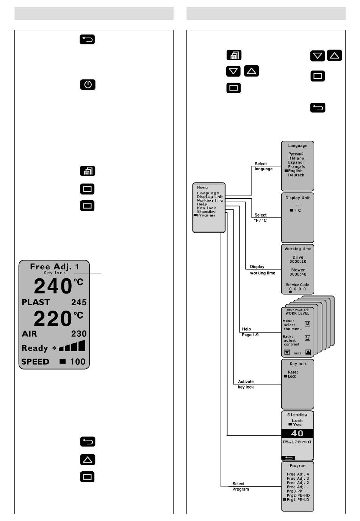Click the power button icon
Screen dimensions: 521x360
pyautogui.click(x=88, y=84)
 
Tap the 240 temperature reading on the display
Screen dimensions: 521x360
pyautogui.click(x=53, y=287)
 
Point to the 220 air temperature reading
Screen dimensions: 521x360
pyautogui.click(x=53, y=319)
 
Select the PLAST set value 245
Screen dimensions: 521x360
pyautogui.click(x=79, y=303)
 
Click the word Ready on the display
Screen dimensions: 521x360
pyautogui.click(x=34, y=348)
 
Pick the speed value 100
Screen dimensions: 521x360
pyautogui.click(x=78, y=362)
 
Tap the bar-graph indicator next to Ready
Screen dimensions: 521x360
pyautogui.click(x=72, y=347)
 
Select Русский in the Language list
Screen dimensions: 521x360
pyautogui.click(x=296, y=154)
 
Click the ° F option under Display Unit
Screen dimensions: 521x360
pyautogui.click(x=297, y=206)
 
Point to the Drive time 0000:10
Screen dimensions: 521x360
pyautogui.click(x=298, y=262)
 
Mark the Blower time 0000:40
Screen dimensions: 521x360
pyautogui.click(x=298, y=274)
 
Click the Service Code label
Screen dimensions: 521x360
pyautogui.click(x=297, y=285)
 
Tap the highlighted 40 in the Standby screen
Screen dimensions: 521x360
pyautogui.click(x=297, y=433)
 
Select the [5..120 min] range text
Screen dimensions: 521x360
pyautogui.click(x=297, y=442)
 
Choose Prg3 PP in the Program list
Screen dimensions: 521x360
pyautogui.click(x=294, y=491)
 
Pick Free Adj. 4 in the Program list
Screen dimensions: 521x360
pyautogui.click(x=297, y=474)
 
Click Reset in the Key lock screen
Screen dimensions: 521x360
pyautogui.click(x=293, y=372)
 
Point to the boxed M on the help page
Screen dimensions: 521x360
pyautogui.click(x=307, y=324)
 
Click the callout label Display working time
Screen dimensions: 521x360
pyautogui.click(x=262, y=270)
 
